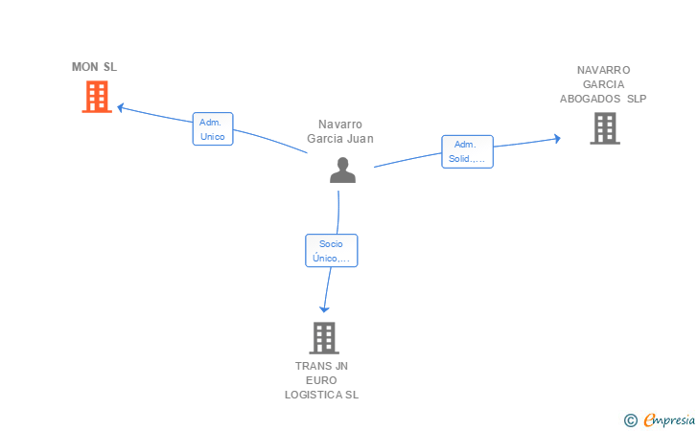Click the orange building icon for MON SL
tap(97, 97)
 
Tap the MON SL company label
tap(94, 67)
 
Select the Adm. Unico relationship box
tap(213, 129)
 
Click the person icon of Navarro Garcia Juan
tap(342, 170)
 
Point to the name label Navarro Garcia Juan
tap(340, 131)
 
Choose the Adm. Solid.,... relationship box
tap(468, 151)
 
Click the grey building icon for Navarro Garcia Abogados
tap(605, 128)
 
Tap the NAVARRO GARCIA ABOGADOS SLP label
tap(603, 84)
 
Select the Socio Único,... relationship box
tap(331, 250)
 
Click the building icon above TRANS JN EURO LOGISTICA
tap(324, 338)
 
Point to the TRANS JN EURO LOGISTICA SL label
tap(321, 380)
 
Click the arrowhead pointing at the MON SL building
tap(120, 107)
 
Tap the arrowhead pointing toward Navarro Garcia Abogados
tap(557, 138)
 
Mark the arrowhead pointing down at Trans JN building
tap(324, 308)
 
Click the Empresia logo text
tap(669, 420)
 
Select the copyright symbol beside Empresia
tap(631, 420)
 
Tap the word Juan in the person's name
tap(361, 139)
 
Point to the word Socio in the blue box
tap(331, 243)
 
